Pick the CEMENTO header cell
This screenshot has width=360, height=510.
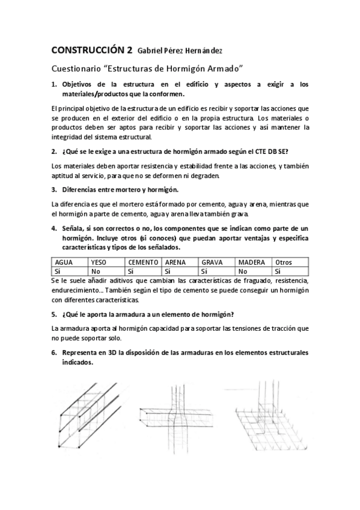coord(143,263)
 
